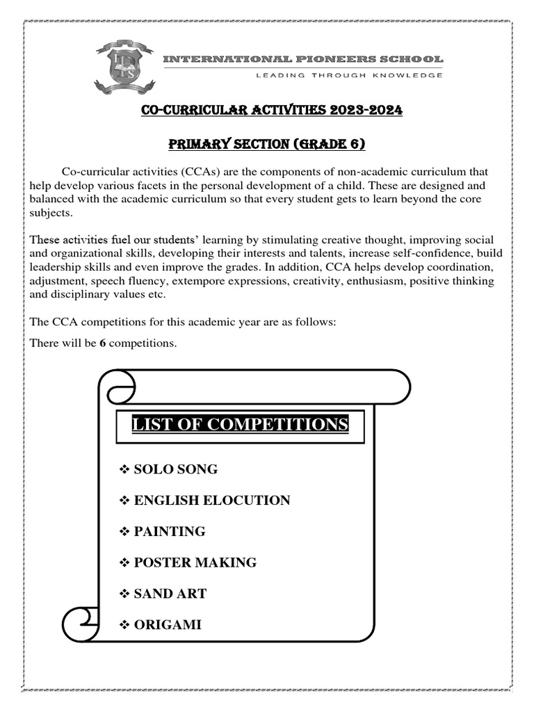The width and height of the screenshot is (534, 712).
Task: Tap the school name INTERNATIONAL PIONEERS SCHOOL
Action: click(302, 60)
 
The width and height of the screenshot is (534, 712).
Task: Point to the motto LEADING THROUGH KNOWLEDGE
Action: click(349, 76)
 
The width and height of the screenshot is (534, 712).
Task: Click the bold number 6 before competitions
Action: click(102, 343)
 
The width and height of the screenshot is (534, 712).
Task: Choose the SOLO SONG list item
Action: click(175, 469)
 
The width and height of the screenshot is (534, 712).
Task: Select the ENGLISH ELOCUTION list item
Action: click(211, 501)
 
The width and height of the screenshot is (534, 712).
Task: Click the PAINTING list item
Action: click(169, 531)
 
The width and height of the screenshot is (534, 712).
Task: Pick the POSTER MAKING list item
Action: click(195, 563)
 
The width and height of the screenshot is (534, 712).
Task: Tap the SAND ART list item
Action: click(170, 594)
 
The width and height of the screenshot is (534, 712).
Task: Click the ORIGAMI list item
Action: click(167, 624)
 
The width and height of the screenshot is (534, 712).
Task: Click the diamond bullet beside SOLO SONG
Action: click(125, 469)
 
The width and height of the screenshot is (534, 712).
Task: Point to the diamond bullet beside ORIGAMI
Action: click(125, 624)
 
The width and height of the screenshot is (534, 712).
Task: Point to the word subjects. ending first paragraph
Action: click(50, 212)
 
